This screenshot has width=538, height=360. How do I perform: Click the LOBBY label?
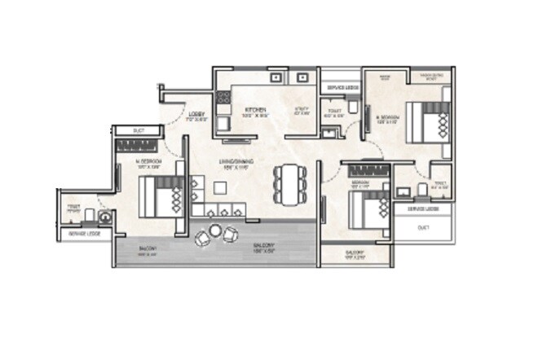196,115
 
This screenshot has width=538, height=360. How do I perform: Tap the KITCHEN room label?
252,110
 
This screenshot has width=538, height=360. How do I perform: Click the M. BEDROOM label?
148,162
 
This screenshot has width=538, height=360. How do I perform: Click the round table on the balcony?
215,232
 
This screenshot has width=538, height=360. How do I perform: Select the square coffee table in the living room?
219,188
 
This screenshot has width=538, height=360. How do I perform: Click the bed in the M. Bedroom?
160,196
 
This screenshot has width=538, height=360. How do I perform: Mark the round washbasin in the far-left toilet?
104,217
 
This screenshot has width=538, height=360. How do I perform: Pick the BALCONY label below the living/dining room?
262,246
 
